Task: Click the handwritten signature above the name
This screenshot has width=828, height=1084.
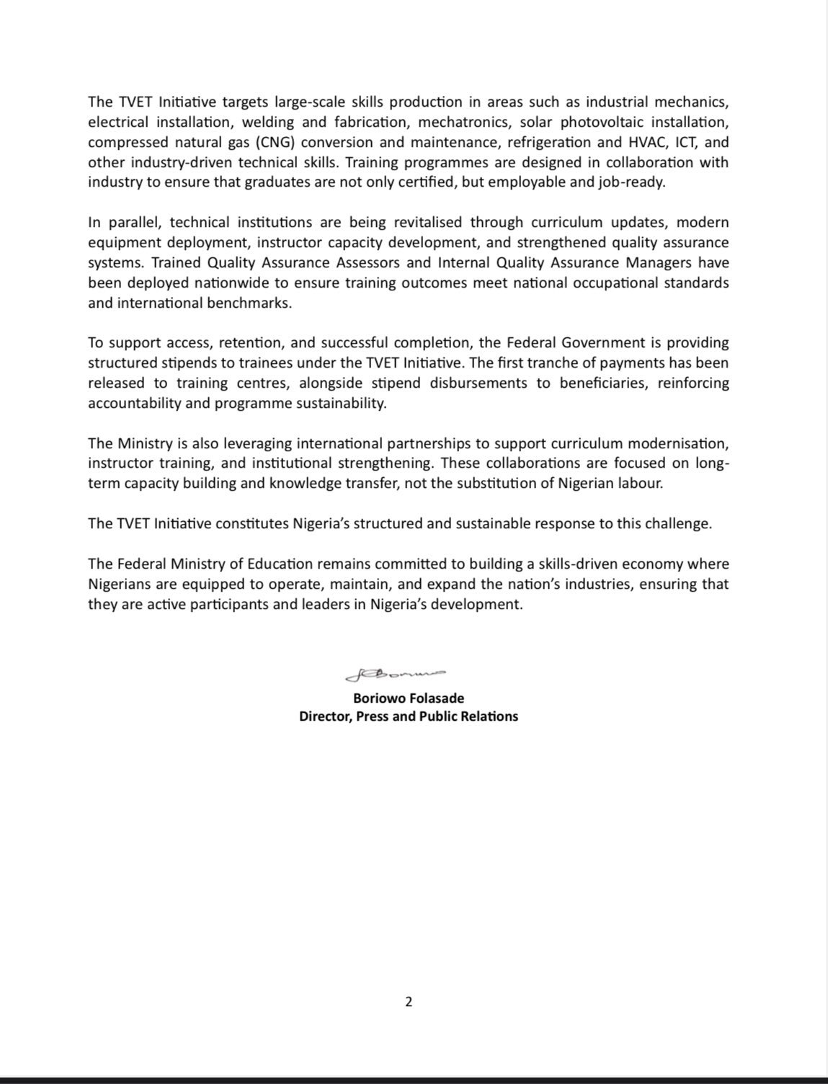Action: pos(396,675)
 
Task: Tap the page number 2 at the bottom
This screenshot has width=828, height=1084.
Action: pos(409,1001)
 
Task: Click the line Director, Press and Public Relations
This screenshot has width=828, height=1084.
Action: pos(409,716)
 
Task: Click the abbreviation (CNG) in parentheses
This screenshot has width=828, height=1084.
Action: pos(275,142)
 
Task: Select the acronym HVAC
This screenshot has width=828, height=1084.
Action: pos(642,142)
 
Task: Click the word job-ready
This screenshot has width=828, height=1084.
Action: pos(635,182)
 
